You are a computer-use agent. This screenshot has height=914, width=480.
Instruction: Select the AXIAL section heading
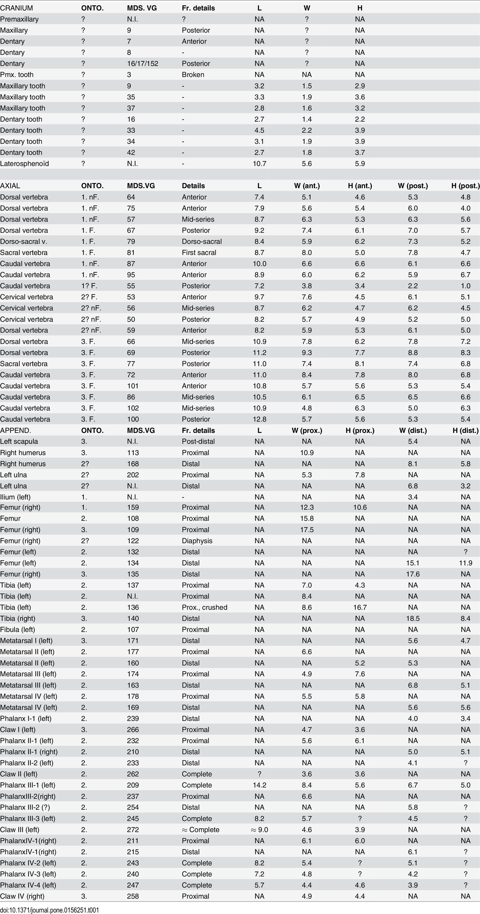pos(10,185)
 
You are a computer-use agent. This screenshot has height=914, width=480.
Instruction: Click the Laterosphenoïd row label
pos(25,164)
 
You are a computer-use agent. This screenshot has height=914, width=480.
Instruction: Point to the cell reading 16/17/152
pos(143,64)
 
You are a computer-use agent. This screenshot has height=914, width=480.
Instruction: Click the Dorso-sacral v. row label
pos(23,241)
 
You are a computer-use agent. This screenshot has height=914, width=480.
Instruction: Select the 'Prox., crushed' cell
pos(205,607)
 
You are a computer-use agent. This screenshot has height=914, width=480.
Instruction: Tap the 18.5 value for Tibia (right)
pos(413,618)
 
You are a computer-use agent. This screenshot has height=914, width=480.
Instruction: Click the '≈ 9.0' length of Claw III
pos(259,829)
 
